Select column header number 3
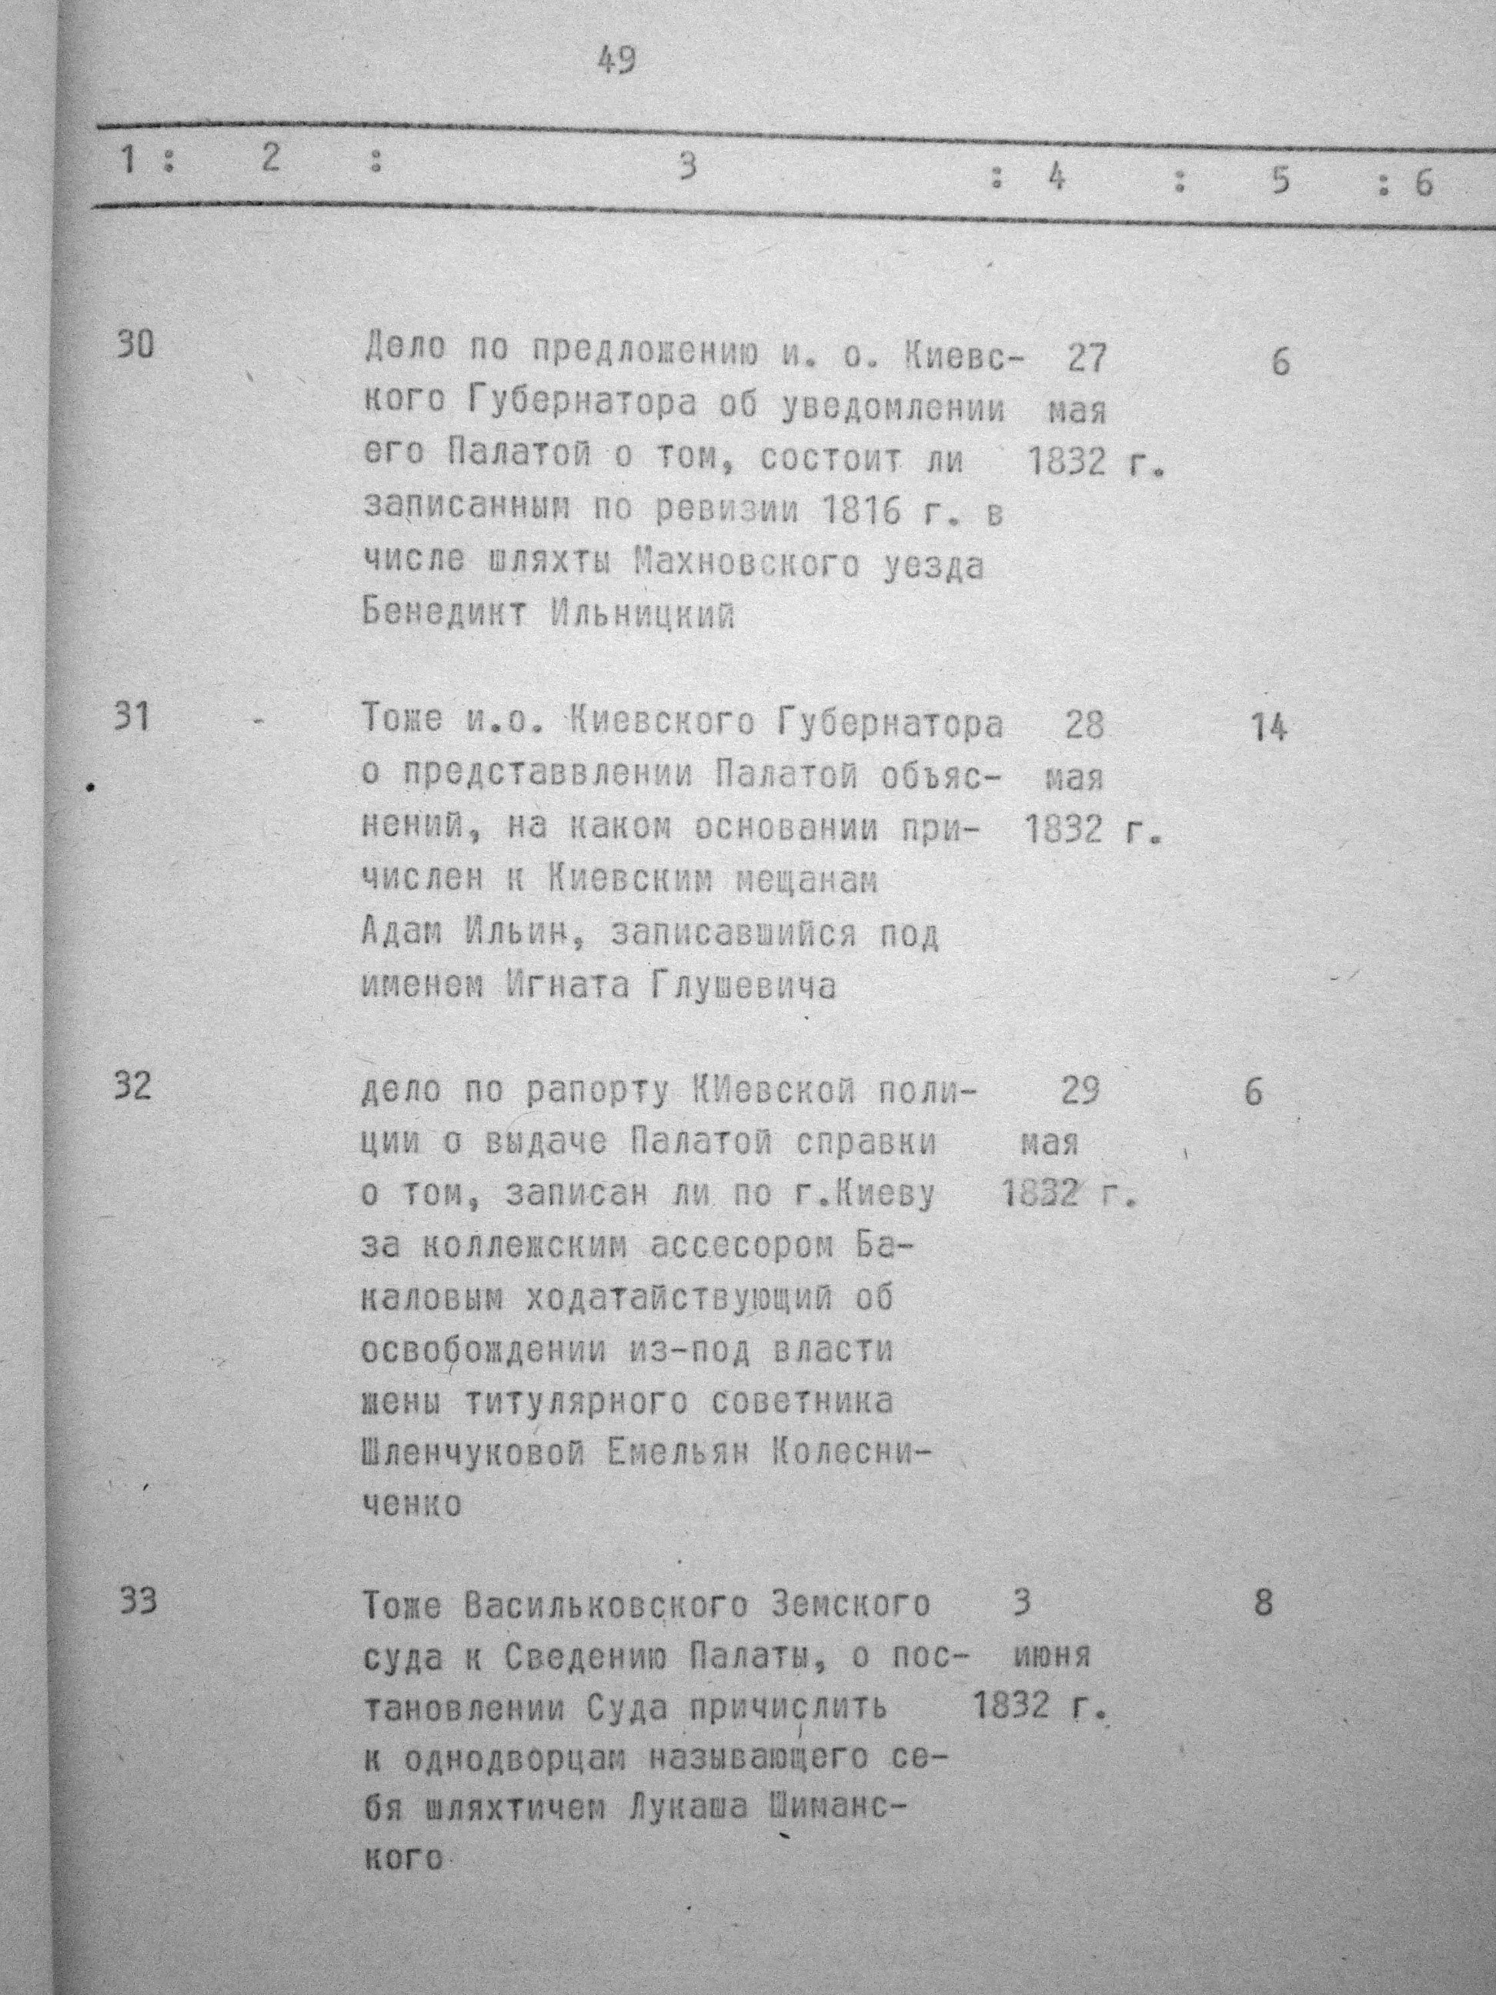coord(688,166)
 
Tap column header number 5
coord(1280,179)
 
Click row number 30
coord(135,346)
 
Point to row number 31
coord(133,719)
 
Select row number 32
coord(133,1087)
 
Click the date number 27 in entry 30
coord(1086,358)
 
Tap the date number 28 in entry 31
coord(1083,725)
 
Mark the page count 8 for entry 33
coord(1264,1603)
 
